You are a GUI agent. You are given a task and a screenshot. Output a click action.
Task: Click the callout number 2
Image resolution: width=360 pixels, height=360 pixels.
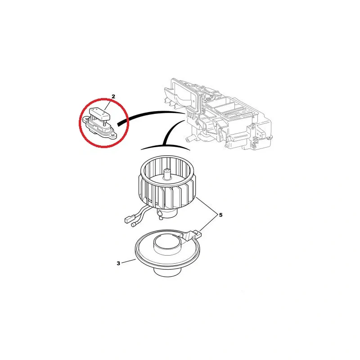pyautogui.click(x=113, y=96)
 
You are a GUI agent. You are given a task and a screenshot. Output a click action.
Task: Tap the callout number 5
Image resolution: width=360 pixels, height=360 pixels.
pyautogui.click(x=220, y=215)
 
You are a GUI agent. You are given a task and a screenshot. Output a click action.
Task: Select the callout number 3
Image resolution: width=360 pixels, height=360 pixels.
pyautogui.click(x=118, y=263)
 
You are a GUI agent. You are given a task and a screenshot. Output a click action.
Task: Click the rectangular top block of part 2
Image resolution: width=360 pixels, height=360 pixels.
pyautogui.click(x=100, y=114)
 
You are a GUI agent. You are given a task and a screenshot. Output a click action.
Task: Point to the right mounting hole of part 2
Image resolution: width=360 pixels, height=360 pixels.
pyautogui.click(x=112, y=135)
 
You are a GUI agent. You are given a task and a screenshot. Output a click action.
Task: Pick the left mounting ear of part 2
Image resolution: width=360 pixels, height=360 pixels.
pyautogui.click(x=85, y=119)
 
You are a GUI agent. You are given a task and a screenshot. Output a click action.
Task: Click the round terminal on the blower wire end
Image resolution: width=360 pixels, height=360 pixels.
pyautogui.click(x=133, y=225)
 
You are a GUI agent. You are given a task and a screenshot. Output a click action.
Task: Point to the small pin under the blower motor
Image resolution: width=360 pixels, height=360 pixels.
pyautogui.click(x=161, y=216)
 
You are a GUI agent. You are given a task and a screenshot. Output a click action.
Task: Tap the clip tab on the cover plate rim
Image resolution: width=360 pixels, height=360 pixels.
pyautogui.click(x=193, y=235)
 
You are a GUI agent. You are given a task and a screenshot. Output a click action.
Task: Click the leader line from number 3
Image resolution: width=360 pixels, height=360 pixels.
pyautogui.click(x=129, y=261)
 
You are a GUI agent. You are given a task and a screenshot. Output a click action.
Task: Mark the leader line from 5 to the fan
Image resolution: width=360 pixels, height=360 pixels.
pyautogui.click(x=207, y=205)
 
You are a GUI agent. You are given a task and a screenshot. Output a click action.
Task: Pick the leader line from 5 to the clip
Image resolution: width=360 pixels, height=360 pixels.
pyautogui.click(x=208, y=223)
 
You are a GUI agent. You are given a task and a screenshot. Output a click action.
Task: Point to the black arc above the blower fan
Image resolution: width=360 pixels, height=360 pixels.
pyautogui.click(x=166, y=146)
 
